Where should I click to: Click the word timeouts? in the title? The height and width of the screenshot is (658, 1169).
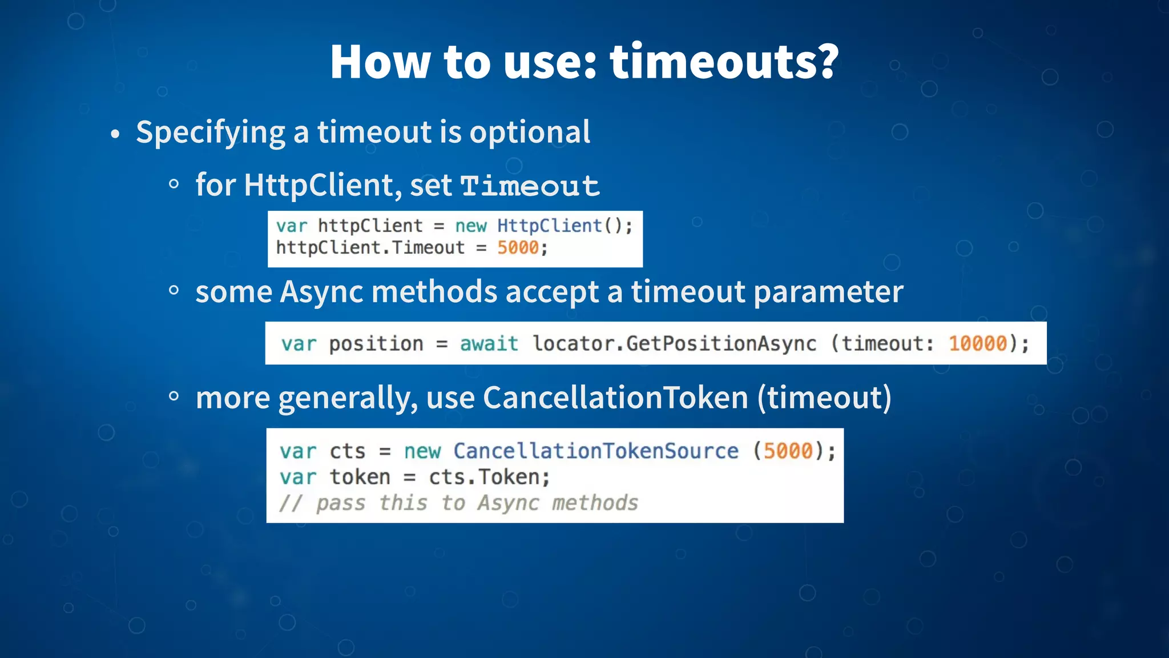point(724,62)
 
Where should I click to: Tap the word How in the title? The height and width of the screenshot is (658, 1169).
point(380,62)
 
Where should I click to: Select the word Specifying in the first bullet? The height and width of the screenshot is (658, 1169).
point(210,133)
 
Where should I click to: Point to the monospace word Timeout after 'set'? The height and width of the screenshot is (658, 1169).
point(530,186)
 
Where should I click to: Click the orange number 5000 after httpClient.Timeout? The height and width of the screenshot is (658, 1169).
point(518,248)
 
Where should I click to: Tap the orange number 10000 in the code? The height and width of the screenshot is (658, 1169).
point(977,343)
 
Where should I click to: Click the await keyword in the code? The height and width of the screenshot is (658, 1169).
point(489,343)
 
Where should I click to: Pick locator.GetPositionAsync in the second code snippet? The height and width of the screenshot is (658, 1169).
point(674,343)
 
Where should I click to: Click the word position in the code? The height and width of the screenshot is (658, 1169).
point(376,343)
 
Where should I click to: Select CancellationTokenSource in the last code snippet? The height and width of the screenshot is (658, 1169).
point(596,451)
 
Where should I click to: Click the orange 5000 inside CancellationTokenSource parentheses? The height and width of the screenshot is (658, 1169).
point(788,451)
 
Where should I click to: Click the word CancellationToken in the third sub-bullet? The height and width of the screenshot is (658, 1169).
point(615,398)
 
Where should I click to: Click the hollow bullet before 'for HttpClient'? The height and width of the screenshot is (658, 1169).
point(174,184)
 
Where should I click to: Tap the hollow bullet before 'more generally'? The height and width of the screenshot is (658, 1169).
point(174,396)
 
